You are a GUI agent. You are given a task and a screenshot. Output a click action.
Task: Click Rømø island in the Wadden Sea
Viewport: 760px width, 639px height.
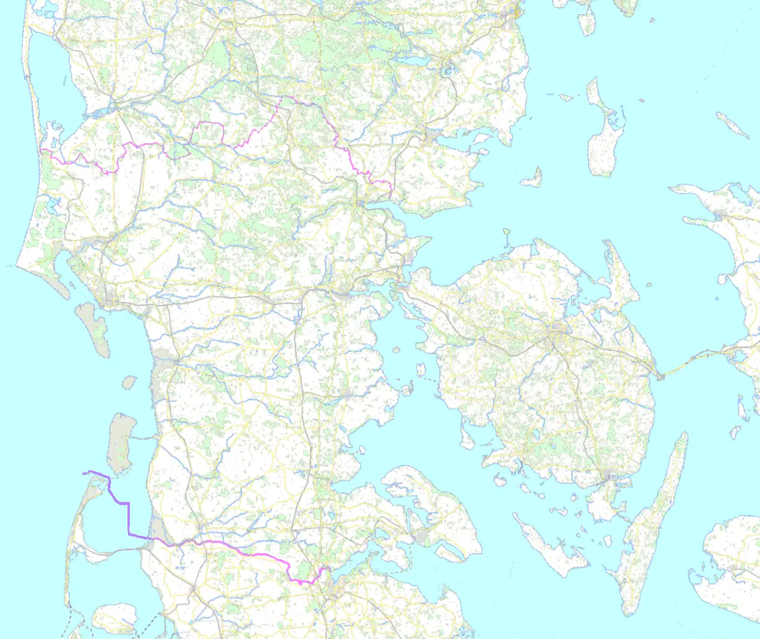pos(120,440)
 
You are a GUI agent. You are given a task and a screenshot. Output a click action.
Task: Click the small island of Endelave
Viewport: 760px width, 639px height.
pos(532,176)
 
